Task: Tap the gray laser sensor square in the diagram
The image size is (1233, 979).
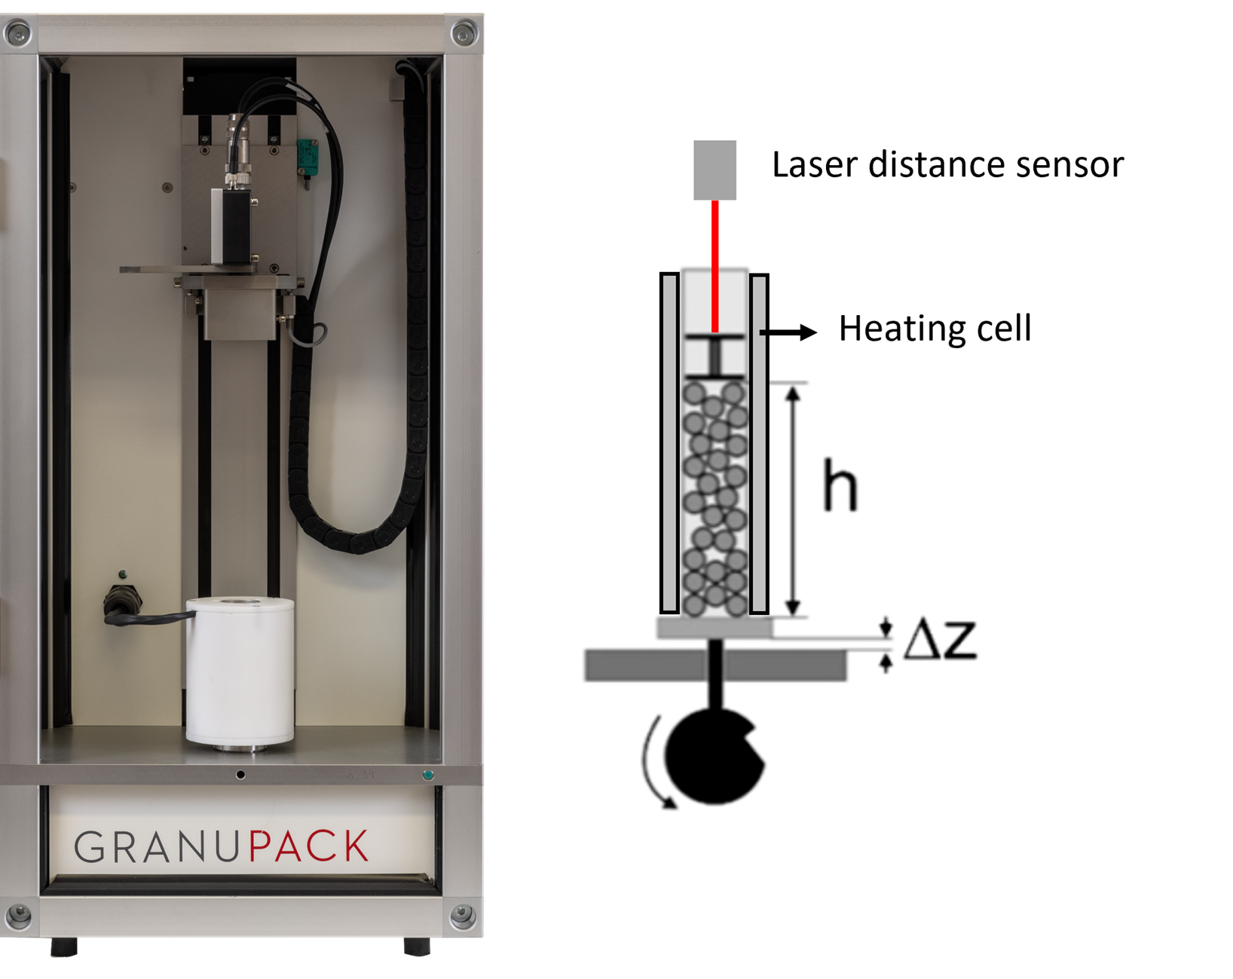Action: coord(714,170)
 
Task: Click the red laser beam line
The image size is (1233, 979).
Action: coord(714,264)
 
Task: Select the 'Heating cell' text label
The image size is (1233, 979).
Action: coord(935,329)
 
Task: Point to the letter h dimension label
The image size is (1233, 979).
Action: coord(840,485)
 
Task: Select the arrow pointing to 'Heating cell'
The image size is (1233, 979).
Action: coord(788,332)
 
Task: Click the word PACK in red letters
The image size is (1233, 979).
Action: coord(308,846)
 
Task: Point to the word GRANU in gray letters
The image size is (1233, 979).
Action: coord(157,847)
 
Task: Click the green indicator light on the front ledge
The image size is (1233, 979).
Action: coord(428,774)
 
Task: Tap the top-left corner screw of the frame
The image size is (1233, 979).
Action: coord(18,33)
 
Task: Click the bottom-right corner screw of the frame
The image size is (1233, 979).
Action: coord(462,916)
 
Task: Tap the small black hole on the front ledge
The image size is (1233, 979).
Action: coord(240,774)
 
